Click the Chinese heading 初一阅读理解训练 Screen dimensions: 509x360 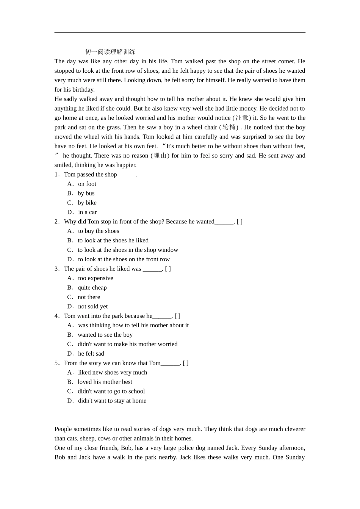[110, 52]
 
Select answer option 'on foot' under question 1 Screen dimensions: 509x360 [87, 184]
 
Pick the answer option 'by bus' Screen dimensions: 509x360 [86, 194]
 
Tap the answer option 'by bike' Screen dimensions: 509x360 [87, 203]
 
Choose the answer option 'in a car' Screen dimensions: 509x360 [87, 212]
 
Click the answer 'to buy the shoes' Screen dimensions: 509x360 [98, 231]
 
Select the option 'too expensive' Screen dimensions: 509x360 [95, 278]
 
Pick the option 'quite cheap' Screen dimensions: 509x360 [92, 288]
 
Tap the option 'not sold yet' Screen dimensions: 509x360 [92, 307]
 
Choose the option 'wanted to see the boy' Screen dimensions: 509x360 [105, 335]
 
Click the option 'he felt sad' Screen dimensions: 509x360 [91, 354]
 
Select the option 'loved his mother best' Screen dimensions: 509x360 [105, 382]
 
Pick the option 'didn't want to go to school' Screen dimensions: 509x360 [111, 392]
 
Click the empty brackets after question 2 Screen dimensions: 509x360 [239, 222]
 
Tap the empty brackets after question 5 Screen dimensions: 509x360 [186, 363]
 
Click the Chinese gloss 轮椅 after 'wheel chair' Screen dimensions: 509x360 [229, 127]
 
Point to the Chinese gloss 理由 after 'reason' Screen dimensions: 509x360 [160, 156]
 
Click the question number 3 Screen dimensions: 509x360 [56, 269]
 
